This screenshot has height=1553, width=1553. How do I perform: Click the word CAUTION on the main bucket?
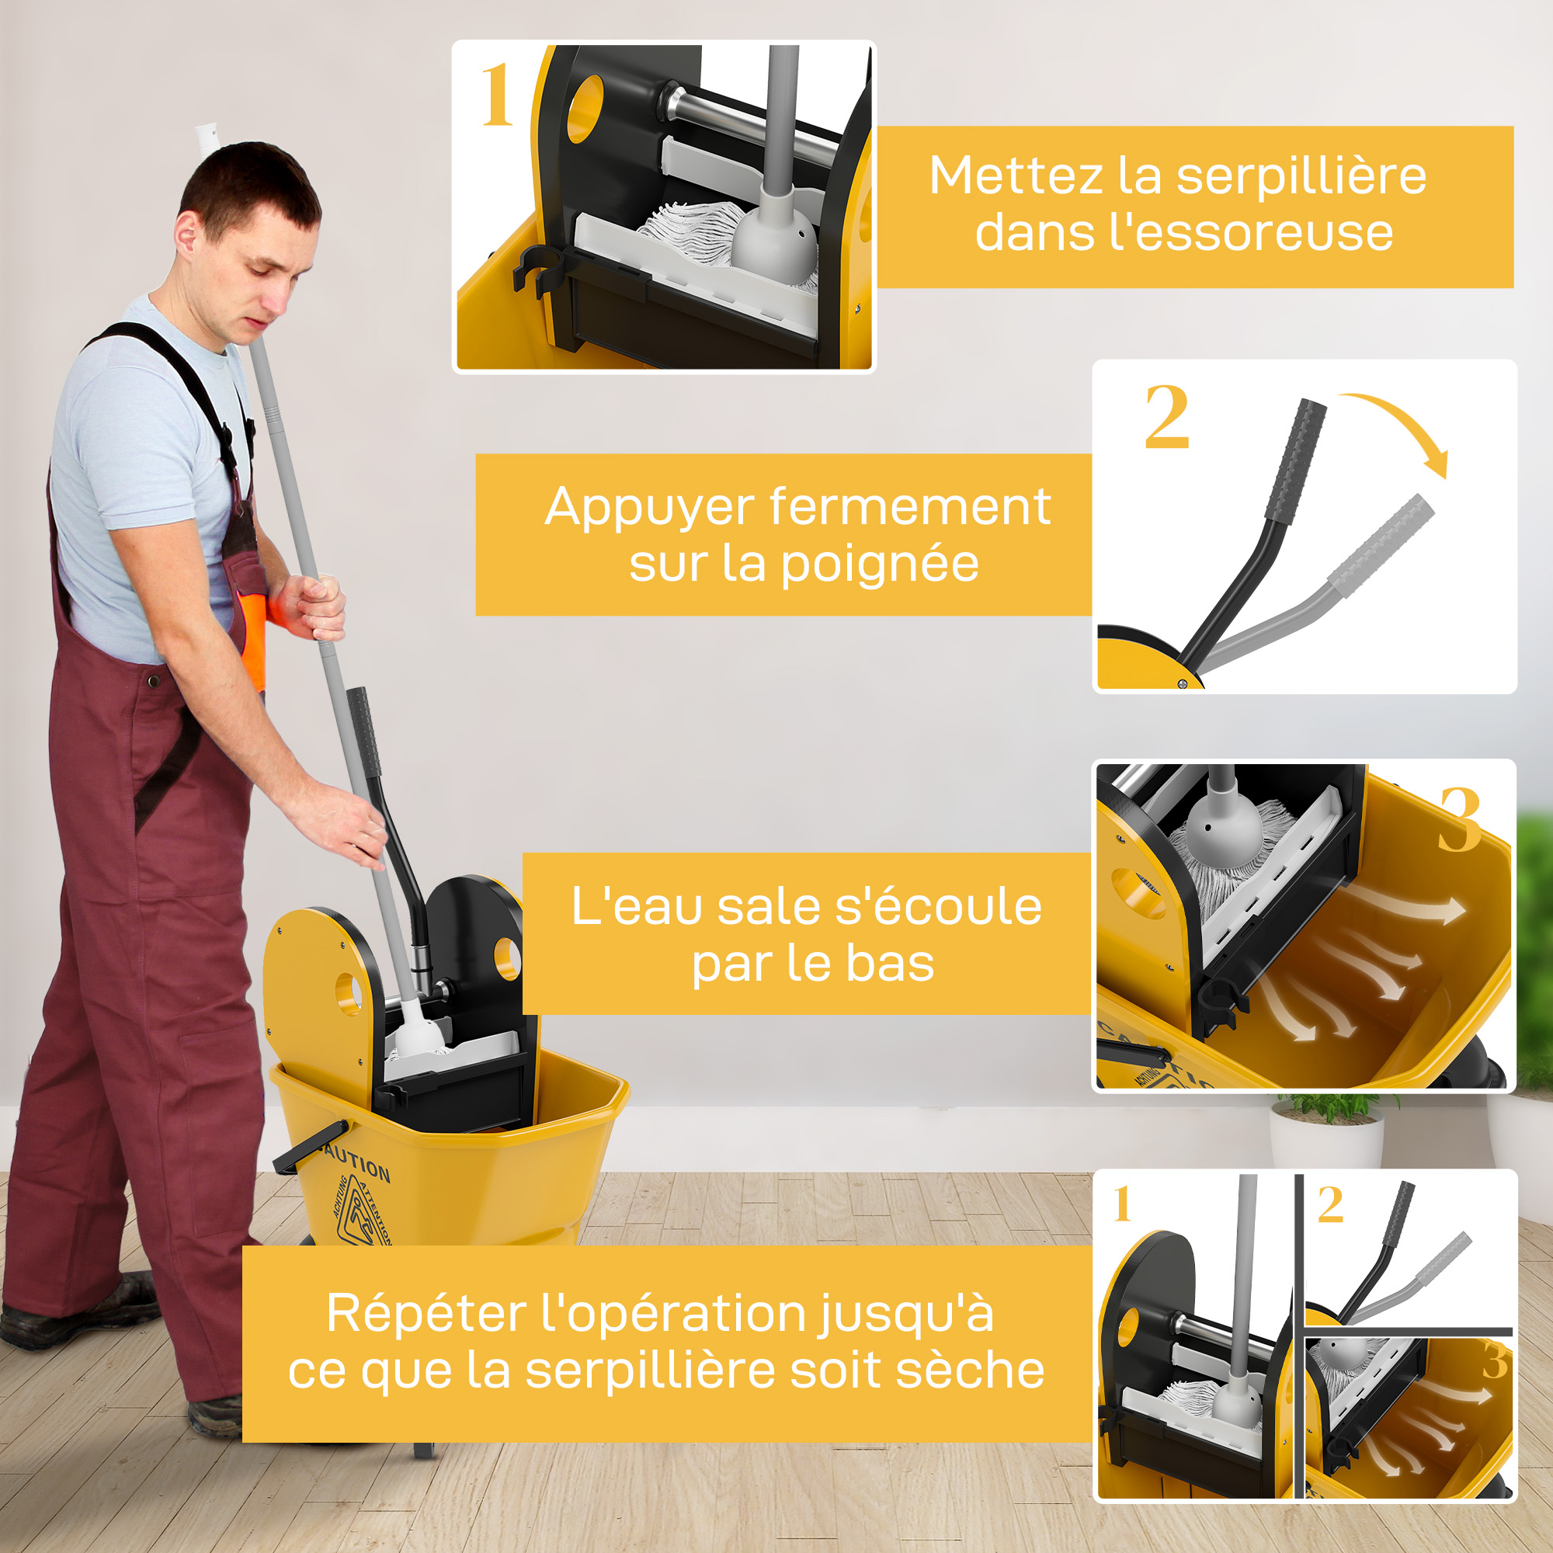[x=355, y=1162]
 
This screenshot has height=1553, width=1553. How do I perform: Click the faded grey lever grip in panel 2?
[x=1380, y=546]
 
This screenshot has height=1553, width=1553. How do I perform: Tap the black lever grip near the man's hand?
[x=363, y=731]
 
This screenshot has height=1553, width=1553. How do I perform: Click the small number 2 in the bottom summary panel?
[x=1330, y=1204]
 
